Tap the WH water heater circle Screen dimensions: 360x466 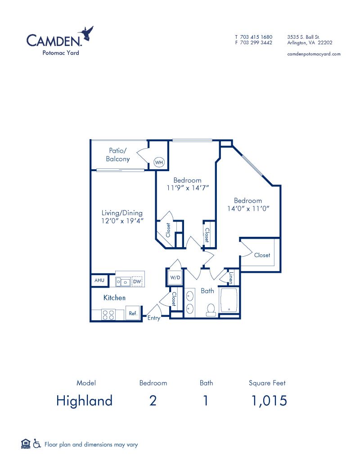[159, 162]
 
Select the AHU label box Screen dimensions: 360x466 [99, 280]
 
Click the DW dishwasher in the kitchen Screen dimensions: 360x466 [137, 281]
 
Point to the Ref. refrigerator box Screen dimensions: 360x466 [133, 313]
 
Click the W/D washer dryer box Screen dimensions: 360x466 [175, 278]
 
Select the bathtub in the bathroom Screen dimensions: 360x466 [229, 300]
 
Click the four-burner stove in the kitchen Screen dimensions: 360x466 [108, 315]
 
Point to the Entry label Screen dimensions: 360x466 [154, 318]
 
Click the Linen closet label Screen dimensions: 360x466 [230, 278]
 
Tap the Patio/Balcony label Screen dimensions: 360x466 [118, 155]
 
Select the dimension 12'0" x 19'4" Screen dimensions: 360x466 [122, 221]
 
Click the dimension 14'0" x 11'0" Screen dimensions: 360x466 [248, 208]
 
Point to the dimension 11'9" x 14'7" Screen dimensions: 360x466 [188, 188]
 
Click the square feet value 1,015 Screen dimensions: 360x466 [269, 401]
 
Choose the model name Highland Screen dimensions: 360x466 [84, 400]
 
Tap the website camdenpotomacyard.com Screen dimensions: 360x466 [314, 54]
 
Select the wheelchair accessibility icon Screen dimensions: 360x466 [37, 443]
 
